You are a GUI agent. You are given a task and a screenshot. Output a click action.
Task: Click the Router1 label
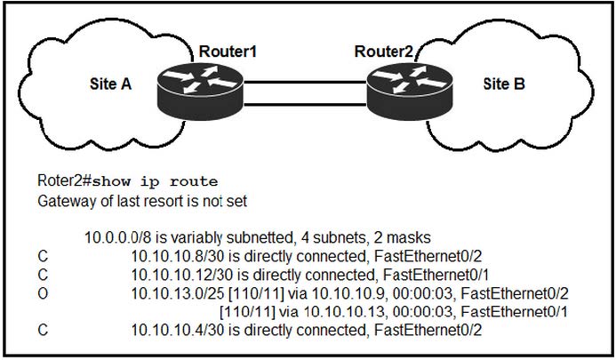tap(228, 51)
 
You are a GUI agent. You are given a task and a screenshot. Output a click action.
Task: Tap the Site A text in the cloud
tap(113, 85)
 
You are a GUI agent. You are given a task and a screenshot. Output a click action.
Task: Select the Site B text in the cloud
tap(504, 85)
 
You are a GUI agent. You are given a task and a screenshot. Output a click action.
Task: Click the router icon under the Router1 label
tap(205, 90)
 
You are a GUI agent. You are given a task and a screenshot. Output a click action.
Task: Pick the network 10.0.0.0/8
tap(114, 237)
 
